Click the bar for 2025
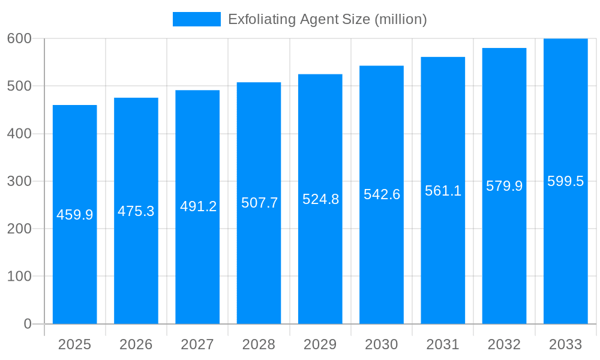(75, 252)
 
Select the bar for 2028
(259, 252)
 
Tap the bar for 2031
(443, 252)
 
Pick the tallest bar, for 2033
(565, 252)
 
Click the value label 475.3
(136, 211)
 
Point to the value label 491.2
(198, 206)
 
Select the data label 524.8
(320, 199)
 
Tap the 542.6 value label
(382, 194)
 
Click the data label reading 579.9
(504, 186)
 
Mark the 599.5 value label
(565, 181)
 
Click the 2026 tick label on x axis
(136, 344)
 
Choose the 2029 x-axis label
(320, 344)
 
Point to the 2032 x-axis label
(504, 344)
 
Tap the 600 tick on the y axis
(19, 38)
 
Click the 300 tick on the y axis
(19, 181)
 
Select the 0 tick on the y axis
(28, 324)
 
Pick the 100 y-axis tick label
(19, 277)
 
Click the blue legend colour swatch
(196, 19)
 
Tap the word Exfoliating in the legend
(258, 19)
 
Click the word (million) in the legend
(400, 19)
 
